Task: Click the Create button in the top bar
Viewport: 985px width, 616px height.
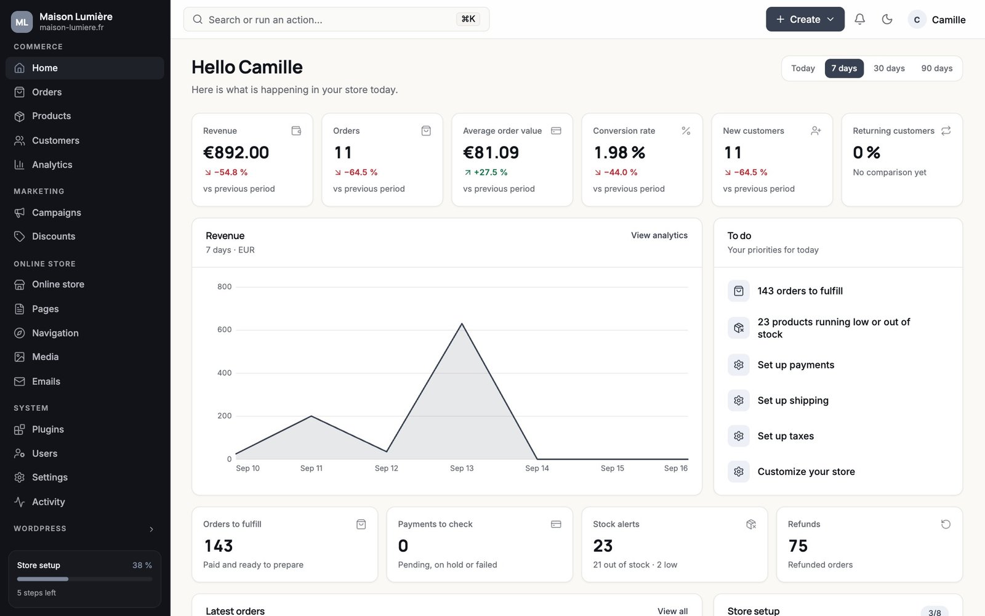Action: click(805, 19)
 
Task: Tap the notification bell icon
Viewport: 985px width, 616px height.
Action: click(859, 19)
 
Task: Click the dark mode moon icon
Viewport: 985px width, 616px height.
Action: click(887, 19)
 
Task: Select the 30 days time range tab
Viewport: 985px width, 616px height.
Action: click(889, 68)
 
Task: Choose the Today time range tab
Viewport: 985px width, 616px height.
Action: click(803, 68)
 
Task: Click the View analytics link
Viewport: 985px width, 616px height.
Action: click(659, 235)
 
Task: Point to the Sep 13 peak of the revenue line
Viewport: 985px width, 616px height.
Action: click(462, 324)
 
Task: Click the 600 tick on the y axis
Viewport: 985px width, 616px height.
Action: click(224, 330)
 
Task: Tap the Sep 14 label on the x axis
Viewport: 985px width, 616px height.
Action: click(537, 468)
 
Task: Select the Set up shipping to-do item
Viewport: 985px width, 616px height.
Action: click(793, 400)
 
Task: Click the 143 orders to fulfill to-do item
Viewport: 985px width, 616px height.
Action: click(800, 291)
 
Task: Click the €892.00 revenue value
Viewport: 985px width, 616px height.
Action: click(236, 152)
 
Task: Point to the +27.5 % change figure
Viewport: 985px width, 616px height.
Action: click(490, 172)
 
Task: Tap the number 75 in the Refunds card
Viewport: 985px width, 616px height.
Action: click(798, 546)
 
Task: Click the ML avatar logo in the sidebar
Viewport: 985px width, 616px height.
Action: click(22, 22)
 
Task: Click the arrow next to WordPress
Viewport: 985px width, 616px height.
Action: click(151, 529)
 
